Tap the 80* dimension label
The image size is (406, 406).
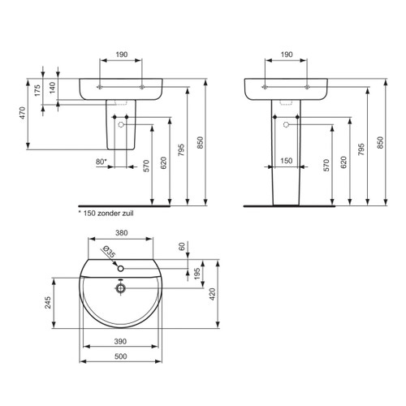point(101,162)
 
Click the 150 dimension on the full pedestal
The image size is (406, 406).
point(287,162)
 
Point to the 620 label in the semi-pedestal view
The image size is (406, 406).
point(164,162)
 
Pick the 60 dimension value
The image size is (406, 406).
point(184,245)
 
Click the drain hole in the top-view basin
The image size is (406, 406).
point(119,287)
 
